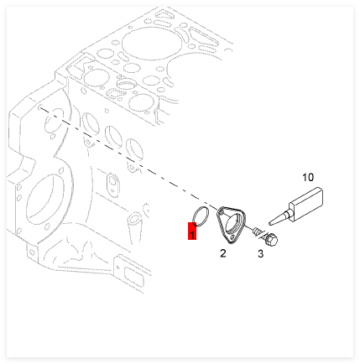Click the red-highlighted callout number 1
pos(192,231)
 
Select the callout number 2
pos(223,253)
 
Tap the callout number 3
pos(260,254)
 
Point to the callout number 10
pos(308,177)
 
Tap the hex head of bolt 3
pos(271,240)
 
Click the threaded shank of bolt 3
pos(257,231)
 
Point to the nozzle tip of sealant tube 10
pos(269,223)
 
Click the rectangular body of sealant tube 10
pos(307,205)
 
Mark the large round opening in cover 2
pos(232,222)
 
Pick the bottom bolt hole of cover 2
pos(232,237)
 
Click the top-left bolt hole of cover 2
pos(221,213)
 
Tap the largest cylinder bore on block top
pos(151,44)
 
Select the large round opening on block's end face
pos(42,200)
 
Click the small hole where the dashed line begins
pos(40,107)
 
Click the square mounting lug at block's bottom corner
pos(32,252)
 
